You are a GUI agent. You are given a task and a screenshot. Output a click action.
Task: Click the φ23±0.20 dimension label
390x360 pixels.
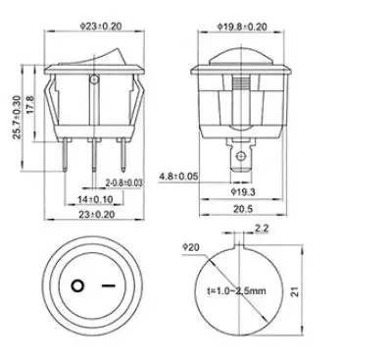coord(100,26)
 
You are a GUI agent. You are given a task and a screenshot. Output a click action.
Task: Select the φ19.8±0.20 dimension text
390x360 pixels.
coord(242,26)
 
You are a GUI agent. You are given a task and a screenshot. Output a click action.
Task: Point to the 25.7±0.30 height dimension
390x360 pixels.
coord(17,117)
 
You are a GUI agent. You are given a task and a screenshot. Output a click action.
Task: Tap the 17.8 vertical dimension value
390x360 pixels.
coord(30,105)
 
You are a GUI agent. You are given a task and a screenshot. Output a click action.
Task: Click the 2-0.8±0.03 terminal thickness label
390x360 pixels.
coord(123,182)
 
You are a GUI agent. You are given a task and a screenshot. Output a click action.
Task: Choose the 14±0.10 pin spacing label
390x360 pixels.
coord(95,199)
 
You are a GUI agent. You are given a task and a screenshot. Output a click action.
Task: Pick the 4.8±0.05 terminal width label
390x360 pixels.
coord(178,177)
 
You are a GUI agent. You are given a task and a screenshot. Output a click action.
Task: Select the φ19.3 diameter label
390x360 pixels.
coord(242,192)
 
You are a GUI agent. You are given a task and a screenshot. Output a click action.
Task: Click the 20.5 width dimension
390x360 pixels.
coord(243,209)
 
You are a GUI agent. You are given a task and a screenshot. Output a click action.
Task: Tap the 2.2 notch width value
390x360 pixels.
coord(262,228)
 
